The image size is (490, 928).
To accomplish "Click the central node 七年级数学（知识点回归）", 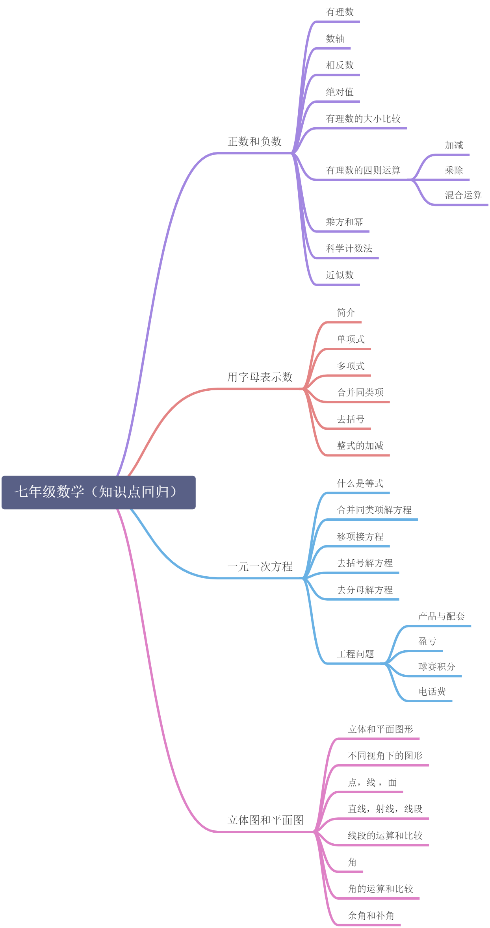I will pos(98,492).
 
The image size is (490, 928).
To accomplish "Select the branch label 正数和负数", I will pos(254,141).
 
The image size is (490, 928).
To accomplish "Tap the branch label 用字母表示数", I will pos(260,377).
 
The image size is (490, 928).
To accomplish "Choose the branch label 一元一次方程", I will pos(260,566).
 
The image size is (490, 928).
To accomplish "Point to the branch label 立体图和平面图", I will pos(265,820).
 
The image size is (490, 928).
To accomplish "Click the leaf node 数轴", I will pos(335,39).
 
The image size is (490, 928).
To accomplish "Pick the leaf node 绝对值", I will pos(340,92).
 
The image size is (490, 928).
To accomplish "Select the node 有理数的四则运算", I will pos(363,170).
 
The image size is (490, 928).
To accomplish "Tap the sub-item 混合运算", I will pos(463,195).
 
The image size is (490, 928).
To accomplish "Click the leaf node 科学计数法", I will pos(349,248).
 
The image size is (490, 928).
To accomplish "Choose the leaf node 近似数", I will pos(340,275).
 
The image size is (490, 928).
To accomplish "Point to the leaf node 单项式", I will pos(351,339).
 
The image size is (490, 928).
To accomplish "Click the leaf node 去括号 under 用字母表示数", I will pos(351,419).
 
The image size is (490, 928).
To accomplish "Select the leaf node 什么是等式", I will pos(360,483).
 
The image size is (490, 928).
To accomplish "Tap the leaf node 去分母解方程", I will pos(365,590).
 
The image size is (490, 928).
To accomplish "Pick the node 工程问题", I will pos(355,654).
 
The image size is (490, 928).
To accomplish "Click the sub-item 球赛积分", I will pos(436,666).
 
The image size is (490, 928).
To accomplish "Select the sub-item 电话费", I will pos(432,691).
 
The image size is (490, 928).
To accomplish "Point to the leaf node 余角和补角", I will pos(371,915).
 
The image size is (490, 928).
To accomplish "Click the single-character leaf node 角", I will pos(352,862).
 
